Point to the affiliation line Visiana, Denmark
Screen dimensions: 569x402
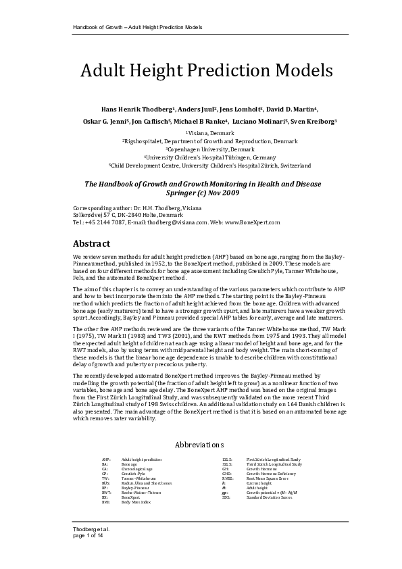click(x=201, y=134)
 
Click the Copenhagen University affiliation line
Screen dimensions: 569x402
click(x=201, y=149)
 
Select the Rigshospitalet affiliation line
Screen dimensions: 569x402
click(x=201, y=141)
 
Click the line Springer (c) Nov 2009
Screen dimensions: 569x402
click(x=201, y=192)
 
